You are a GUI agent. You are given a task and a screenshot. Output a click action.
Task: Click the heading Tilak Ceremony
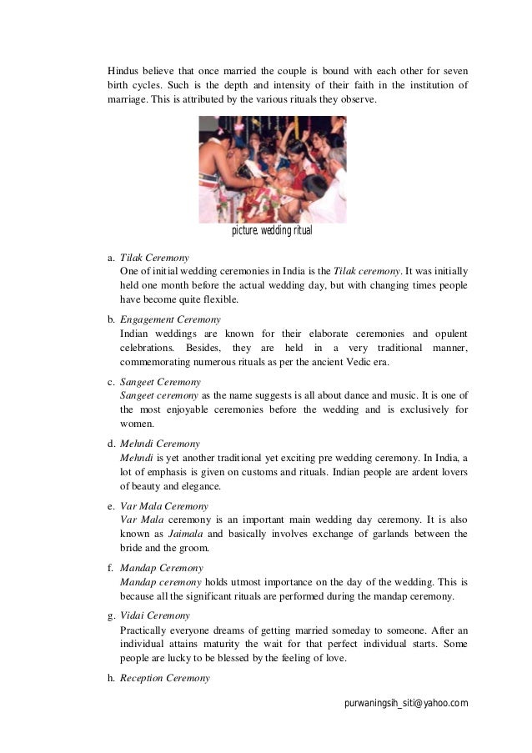(154, 258)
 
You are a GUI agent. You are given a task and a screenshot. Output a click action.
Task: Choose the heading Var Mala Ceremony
(164, 506)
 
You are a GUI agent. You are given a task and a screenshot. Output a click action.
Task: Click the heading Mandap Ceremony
(161, 568)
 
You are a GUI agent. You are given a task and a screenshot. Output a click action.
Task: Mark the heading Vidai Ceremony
(155, 615)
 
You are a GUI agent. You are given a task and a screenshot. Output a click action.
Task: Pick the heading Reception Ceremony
(164, 678)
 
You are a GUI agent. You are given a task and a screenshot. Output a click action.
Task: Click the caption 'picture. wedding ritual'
(271, 230)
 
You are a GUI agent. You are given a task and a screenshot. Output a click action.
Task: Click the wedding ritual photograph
(272, 168)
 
